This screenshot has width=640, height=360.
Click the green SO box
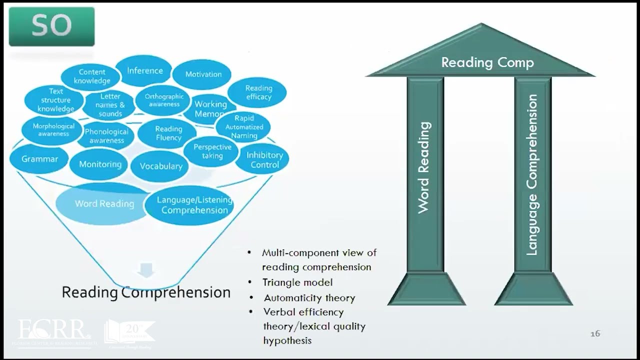tap(51, 26)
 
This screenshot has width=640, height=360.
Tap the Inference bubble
tap(144, 70)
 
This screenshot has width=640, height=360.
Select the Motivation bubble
tap(203, 74)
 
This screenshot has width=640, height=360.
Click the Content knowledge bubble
tap(91, 76)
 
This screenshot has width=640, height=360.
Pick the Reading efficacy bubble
tap(258, 92)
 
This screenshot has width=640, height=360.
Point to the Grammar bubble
tap(39, 159)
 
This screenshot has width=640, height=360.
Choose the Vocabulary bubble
tap(160, 166)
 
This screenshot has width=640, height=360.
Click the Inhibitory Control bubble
tap(264, 159)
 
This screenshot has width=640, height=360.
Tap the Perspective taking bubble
tap(212, 151)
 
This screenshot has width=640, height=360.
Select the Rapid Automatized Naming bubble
tap(244, 127)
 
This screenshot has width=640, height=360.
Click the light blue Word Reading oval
tap(104, 203)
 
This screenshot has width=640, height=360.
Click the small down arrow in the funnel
tap(146, 271)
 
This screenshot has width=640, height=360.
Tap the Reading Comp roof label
tap(487, 62)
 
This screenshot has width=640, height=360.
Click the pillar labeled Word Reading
tap(424, 170)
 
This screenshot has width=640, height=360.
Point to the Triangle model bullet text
tap(297, 282)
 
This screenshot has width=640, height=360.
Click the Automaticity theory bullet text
tap(309, 298)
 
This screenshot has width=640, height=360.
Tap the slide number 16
tap(595, 333)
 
